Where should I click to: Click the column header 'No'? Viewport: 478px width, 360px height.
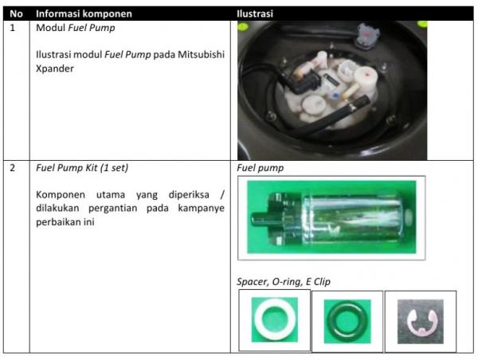(x=16, y=14)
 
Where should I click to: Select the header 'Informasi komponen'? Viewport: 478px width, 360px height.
(x=84, y=14)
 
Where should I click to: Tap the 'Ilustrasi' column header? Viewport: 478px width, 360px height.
(x=255, y=14)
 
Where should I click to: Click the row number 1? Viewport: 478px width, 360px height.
(x=13, y=28)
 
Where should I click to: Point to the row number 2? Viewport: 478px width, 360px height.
(x=13, y=167)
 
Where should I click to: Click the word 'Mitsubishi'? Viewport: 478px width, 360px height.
(x=202, y=54)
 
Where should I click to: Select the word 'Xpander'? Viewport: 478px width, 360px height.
(x=55, y=68)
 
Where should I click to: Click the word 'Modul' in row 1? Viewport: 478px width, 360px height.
(x=51, y=28)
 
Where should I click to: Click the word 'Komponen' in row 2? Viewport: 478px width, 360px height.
(x=61, y=194)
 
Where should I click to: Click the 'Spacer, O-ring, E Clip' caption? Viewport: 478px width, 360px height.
(x=284, y=282)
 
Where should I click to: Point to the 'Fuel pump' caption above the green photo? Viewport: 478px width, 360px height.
(x=260, y=168)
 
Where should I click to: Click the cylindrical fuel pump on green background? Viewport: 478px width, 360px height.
(x=331, y=217)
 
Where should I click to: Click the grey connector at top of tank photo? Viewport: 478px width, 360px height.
(x=368, y=36)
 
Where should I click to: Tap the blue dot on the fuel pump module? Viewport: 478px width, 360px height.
(x=336, y=96)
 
